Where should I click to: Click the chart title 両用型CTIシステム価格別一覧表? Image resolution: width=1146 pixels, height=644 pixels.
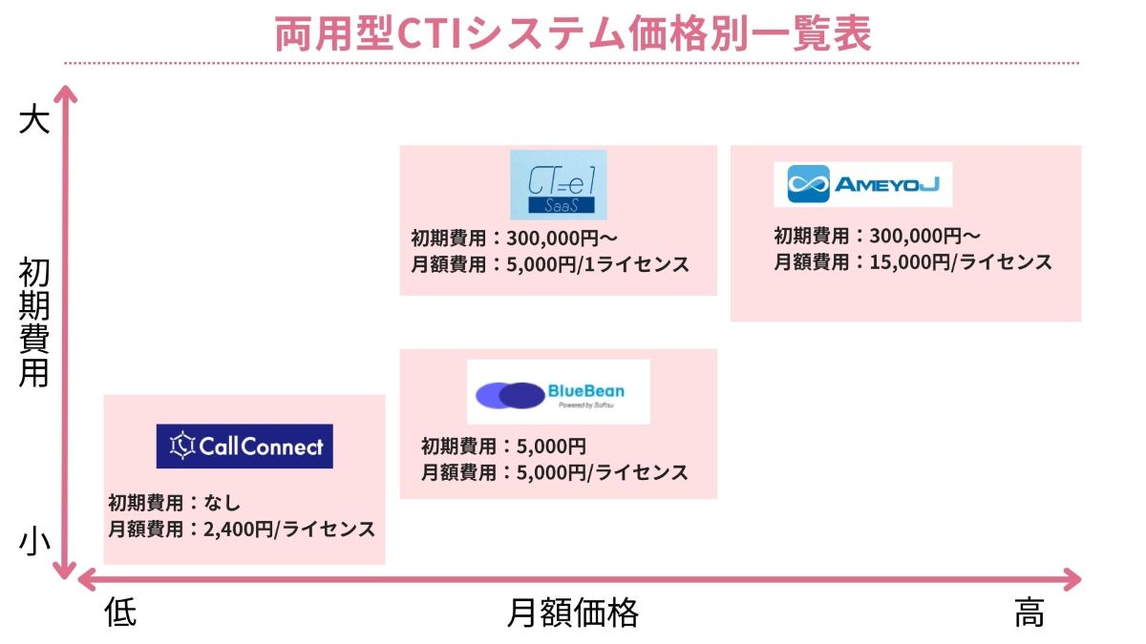(572, 33)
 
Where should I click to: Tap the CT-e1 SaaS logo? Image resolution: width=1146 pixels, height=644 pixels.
(558, 184)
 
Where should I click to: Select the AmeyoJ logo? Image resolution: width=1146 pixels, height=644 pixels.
(862, 184)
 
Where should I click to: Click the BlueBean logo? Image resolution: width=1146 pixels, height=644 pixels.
(558, 391)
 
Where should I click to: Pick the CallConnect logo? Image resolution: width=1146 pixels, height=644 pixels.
(244, 446)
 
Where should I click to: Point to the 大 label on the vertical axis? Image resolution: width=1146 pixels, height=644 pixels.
(33, 121)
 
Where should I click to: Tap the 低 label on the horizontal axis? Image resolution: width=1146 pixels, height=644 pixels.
(120, 613)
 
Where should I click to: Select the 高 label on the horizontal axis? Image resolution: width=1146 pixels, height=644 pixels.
(1029, 613)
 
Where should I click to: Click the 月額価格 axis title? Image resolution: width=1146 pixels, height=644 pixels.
(572, 613)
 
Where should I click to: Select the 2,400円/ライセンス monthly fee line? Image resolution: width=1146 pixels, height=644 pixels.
(242, 530)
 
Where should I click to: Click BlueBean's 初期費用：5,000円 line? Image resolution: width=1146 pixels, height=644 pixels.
(502, 446)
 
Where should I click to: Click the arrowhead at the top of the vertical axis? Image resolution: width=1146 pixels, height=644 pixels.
(63, 93)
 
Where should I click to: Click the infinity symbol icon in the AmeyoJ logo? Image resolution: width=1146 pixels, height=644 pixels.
(808, 184)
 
